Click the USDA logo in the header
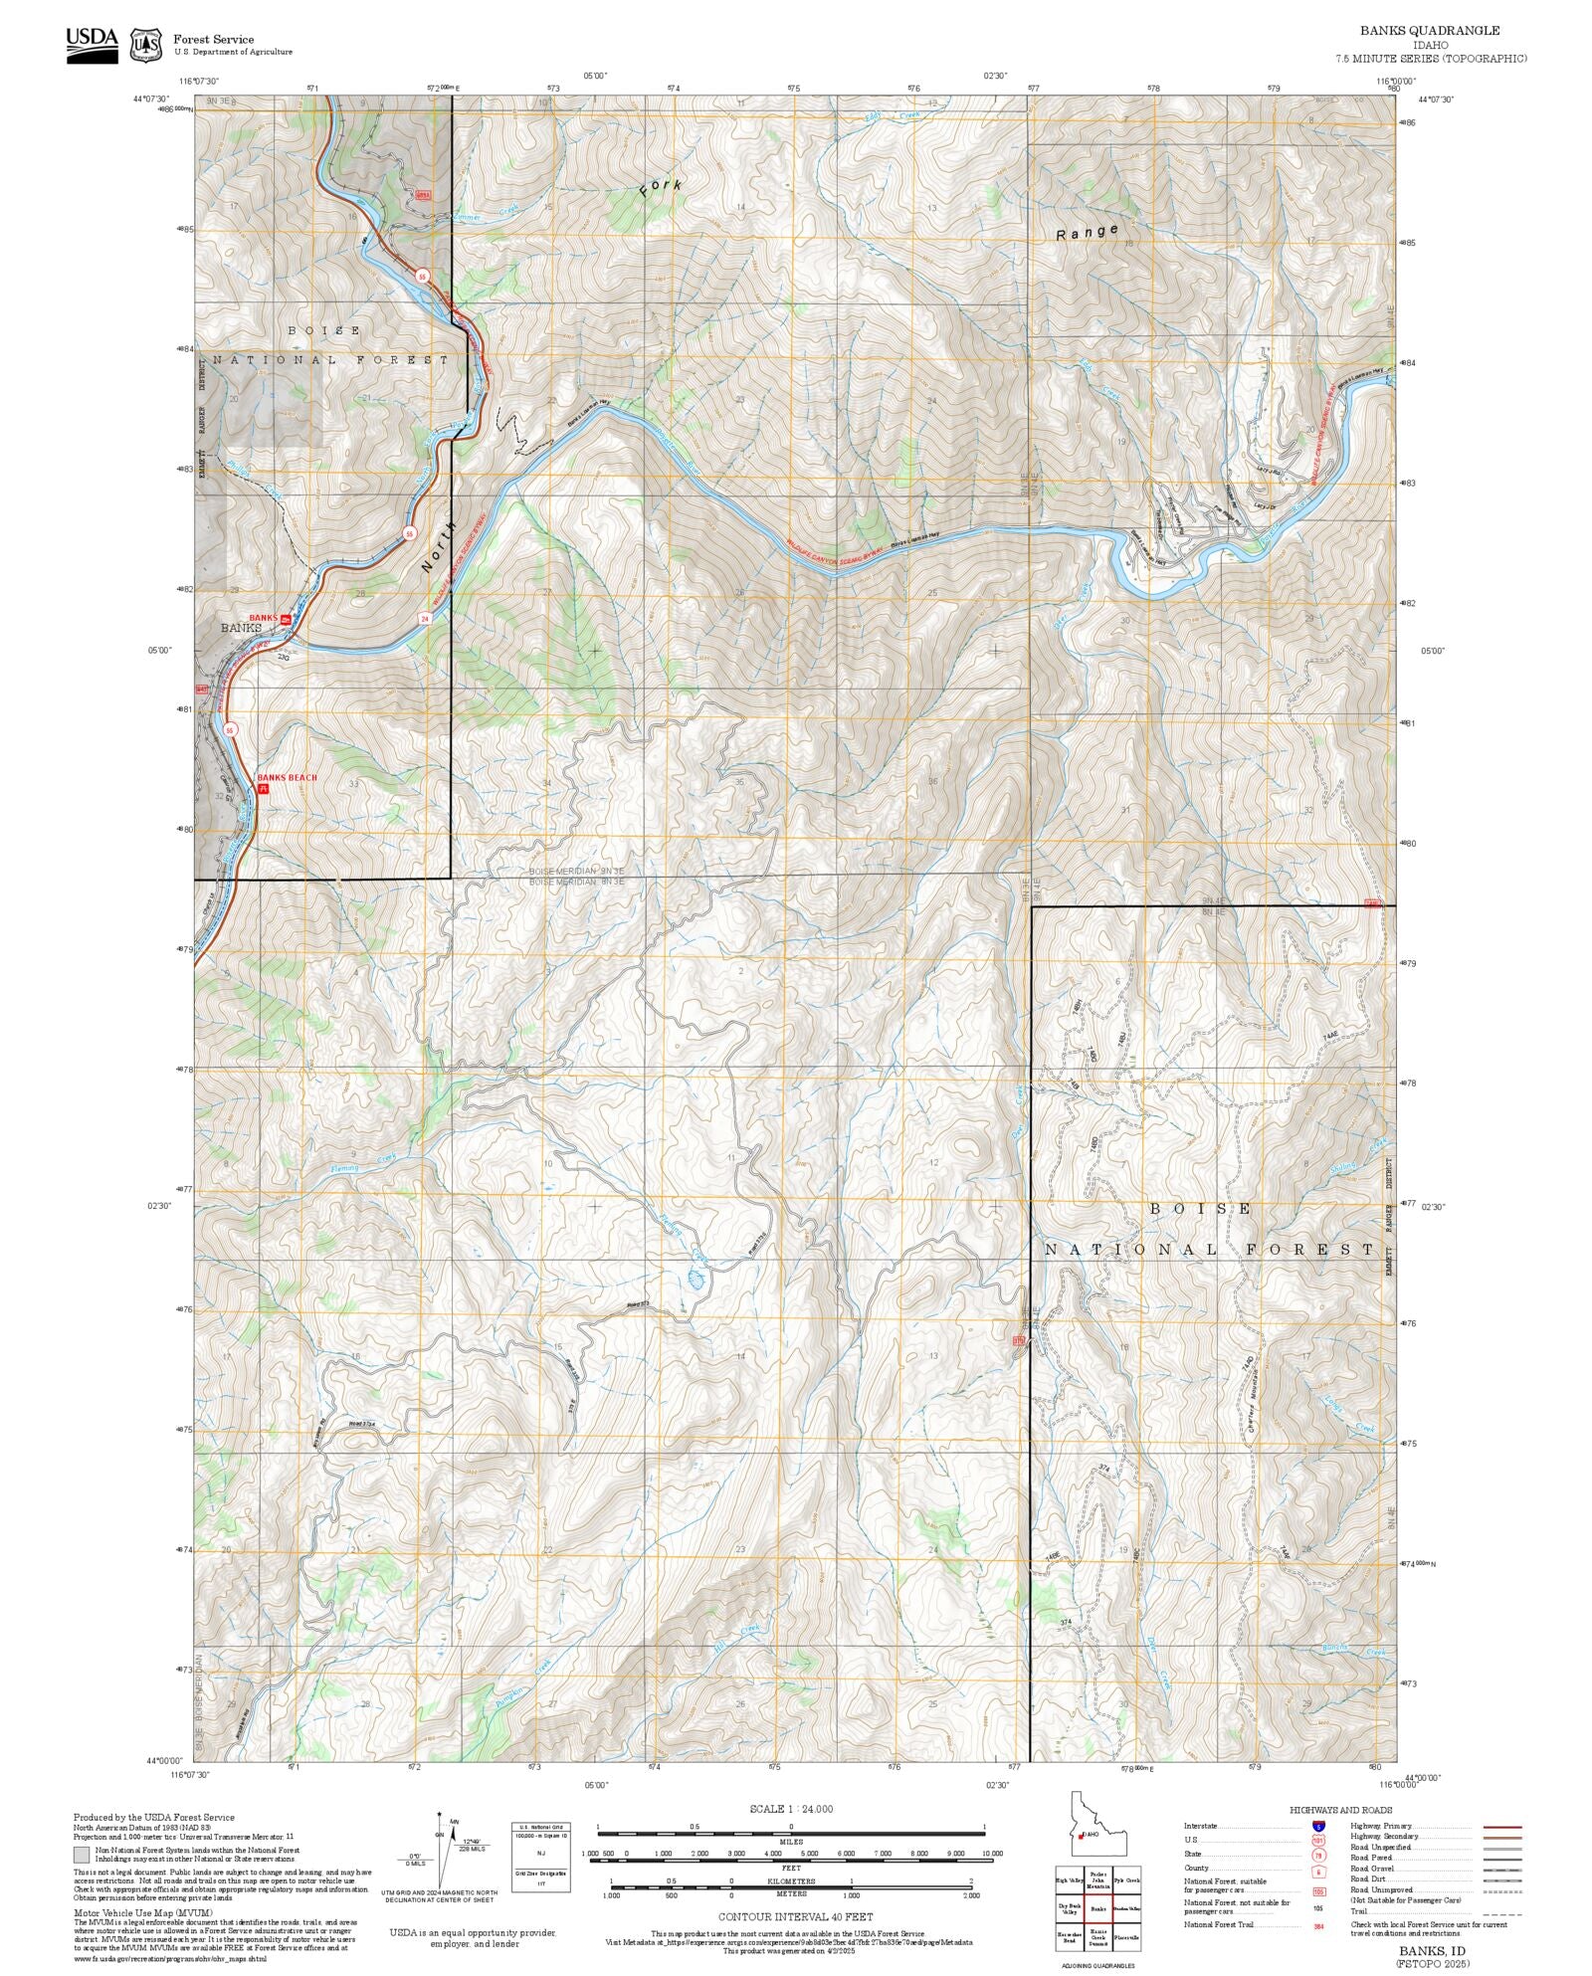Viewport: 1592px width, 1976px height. pyautogui.click(x=92, y=45)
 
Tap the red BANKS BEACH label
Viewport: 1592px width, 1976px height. pyautogui.click(x=287, y=777)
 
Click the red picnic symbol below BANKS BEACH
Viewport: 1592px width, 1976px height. pyautogui.click(x=264, y=788)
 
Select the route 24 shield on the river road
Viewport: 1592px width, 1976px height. pyautogui.click(x=425, y=618)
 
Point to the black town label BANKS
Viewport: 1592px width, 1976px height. pyautogui.click(x=240, y=629)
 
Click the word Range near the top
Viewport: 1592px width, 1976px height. pyautogui.click(x=1087, y=234)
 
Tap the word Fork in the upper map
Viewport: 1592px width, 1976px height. pyautogui.click(x=661, y=189)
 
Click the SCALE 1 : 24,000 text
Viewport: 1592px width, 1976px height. pyautogui.click(x=791, y=1809)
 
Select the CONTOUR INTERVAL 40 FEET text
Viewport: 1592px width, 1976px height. pyautogui.click(x=795, y=1916)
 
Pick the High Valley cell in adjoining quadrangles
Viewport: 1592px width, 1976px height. pyautogui.click(x=1070, y=1880)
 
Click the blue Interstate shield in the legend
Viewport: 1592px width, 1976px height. pyautogui.click(x=1318, y=1827)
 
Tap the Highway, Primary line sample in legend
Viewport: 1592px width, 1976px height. pyautogui.click(x=1501, y=1827)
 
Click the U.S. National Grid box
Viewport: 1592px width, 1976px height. pyautogui.click(x=541, y=1860)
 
